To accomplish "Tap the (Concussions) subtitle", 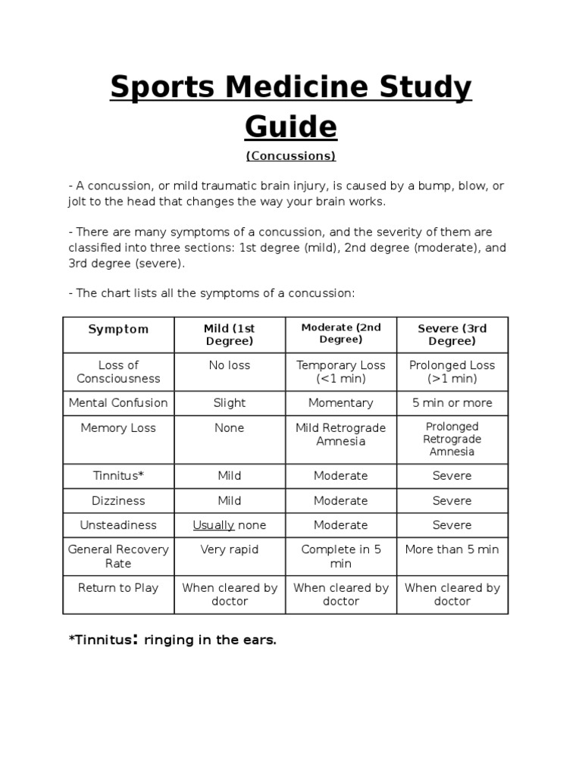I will pyautogui.click(x=290, y=156).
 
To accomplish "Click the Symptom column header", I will pyautogui.click(x=118, y=329).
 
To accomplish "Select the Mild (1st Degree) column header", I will pyautogui.click(x=229, y=335).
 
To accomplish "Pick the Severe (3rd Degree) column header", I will pyautogui.click(x=452, y=335).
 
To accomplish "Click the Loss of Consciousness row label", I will pyautogui.click(x=118, y=371).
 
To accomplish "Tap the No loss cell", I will pyautogui.click(x=229, y=365).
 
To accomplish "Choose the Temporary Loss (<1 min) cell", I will pyautogui.click(x=341, y=371).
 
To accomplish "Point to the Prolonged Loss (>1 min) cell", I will pyautogui.click(x=452, y=371).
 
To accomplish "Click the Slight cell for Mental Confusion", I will pyautogui.click(x=229, y=402).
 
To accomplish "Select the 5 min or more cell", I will pyautogui.click(x=452, y=402).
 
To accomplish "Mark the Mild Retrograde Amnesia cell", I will pyautogui.click(x=341, y=434).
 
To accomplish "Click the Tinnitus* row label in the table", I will pyautogui.click(x=118, y=476).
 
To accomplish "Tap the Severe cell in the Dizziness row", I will pyautogui.click(x=452, y=500).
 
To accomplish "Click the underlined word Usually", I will pyautogui.click(x=214, y=524).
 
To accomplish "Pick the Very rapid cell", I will pyautogui.click(x=229, y=549).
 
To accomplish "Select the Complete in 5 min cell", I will pyautogui.click(x=341, y=556).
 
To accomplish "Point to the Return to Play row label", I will pyautogui.click(x=118, y=587).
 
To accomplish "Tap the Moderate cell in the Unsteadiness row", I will pyautogui.click(x=341, y=524).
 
